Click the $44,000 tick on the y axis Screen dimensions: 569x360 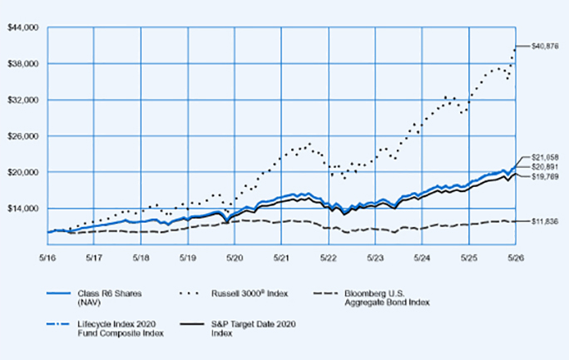coord(22,27)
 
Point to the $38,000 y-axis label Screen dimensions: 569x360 coord(22,64)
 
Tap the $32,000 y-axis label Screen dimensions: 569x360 coord(22,100)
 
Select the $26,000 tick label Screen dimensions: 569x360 coord(22,136)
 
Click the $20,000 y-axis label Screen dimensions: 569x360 coord(22,172)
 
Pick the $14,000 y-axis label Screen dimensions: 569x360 coord(22,208)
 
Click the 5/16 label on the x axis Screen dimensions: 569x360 coord(47,258)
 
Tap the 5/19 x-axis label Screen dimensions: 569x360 coord(188,258)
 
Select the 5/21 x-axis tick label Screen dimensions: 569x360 coord(281,258)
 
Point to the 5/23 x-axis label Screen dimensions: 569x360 coord(375,258)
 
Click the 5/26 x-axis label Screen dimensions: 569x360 coord(516,258)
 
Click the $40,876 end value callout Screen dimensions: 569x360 coord(545,46)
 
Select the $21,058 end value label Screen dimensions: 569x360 coord(545,157)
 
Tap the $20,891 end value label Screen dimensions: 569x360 coord(545,167)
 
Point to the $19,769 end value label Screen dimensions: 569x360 coord(545,177)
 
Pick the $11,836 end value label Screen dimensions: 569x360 coord(545,221)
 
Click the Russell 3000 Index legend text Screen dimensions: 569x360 coord(250,293)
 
